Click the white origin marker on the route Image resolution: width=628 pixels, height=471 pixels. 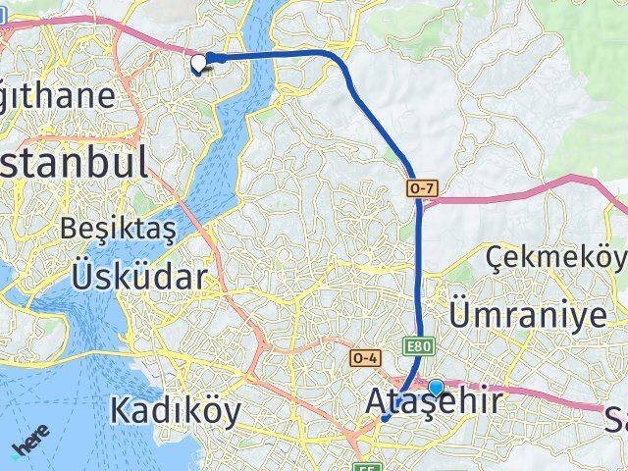tap(199, 64)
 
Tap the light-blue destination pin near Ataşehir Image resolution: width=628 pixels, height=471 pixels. tap(436, 388)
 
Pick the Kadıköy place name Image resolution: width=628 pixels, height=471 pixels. tap(175, 410)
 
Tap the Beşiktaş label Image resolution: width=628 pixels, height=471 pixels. tap(118, 229)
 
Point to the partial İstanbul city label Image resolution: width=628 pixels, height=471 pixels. tap(74, 162)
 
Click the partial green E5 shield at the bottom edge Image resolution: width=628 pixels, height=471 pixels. tap(365, 466)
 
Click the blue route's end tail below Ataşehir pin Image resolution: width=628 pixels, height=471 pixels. tap(386, 419)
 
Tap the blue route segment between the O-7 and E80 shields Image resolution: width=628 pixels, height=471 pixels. tap(420, 265)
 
